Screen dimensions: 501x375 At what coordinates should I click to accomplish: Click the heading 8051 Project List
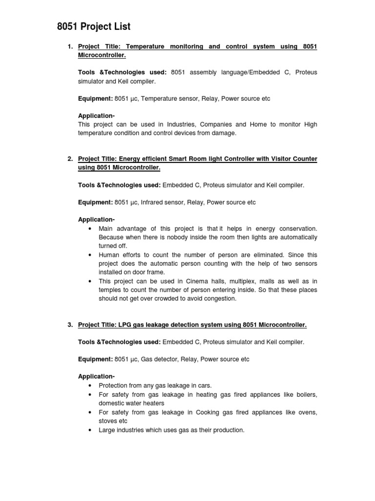94,26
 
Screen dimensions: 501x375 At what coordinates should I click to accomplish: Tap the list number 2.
70,159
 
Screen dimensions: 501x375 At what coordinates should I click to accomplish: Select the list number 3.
70,324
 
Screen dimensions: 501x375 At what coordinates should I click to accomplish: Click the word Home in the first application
258,124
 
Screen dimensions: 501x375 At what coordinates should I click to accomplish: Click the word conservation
295,228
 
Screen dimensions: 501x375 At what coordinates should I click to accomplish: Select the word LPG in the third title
124,325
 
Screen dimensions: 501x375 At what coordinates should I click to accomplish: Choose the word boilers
305,394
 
